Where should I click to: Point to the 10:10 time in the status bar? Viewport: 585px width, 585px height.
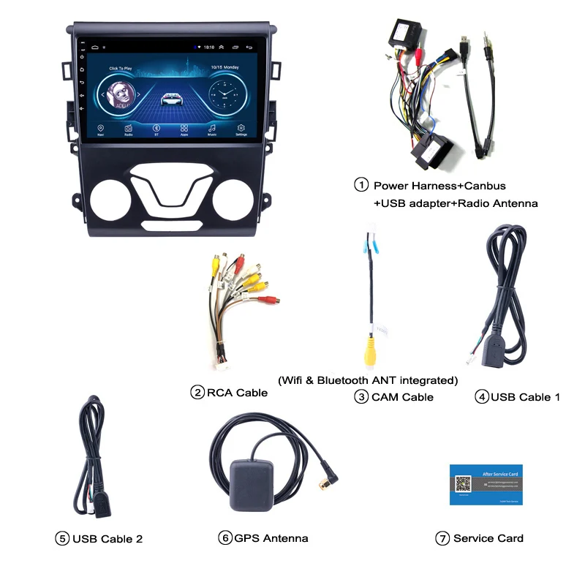(209, 47)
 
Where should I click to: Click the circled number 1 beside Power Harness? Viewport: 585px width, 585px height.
(361, 185)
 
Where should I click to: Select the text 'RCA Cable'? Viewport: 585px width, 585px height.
(237, 393)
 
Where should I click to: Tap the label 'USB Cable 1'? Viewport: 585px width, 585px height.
(526, 397)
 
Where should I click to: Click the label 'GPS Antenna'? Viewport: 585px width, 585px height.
(271, 538)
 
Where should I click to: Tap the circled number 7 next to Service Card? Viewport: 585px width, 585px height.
(442, 538)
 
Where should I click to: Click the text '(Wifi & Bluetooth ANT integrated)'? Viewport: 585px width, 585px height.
(368, 380)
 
